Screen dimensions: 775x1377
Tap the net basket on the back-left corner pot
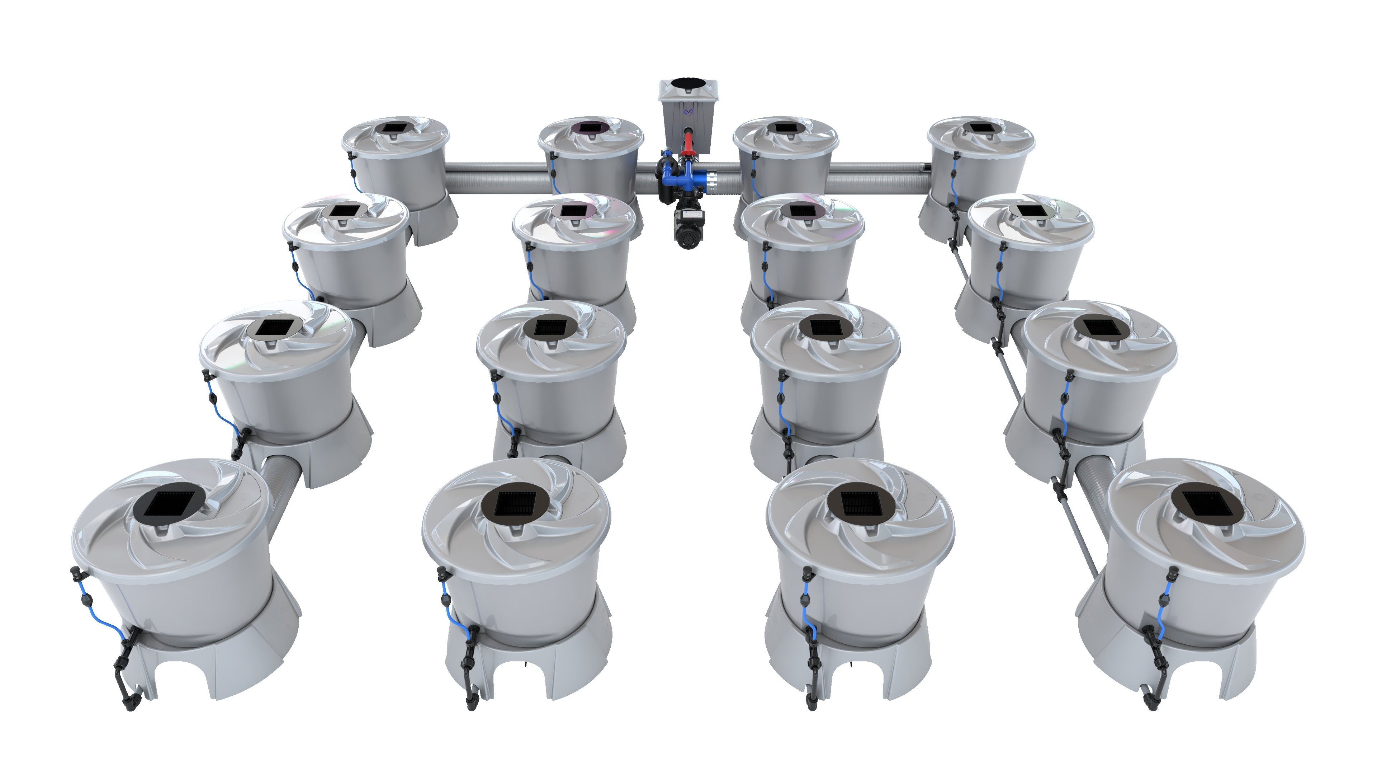tap(396, 128)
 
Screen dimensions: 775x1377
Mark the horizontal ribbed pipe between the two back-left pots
tap(497, 179)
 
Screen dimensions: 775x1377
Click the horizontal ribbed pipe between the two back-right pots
tap(877, 179)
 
